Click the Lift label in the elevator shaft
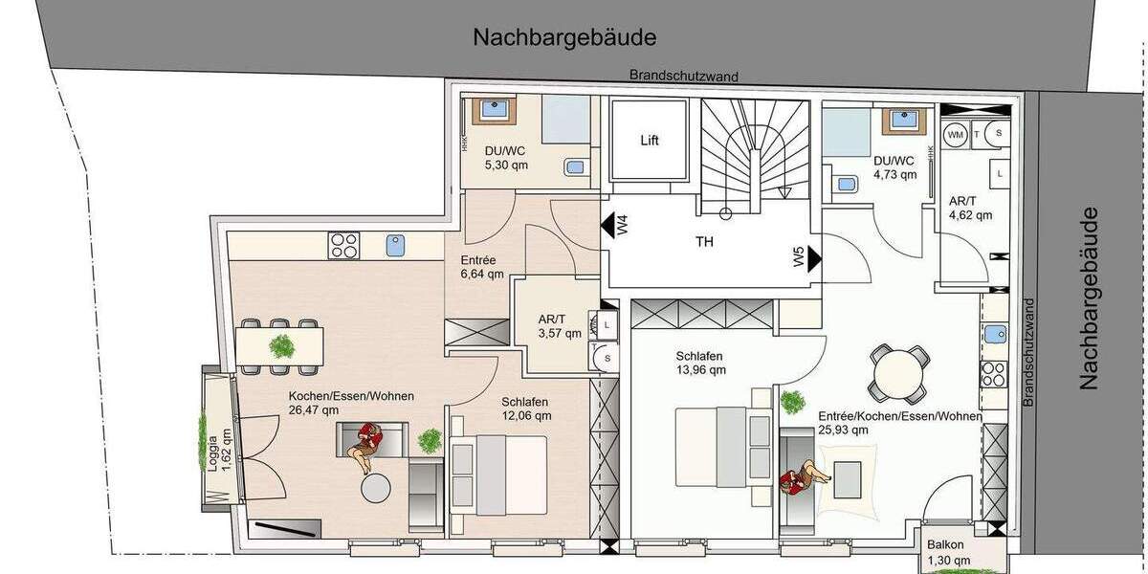pyautogui.click(x=650, y=140)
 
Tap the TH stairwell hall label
pyautogui.click(x=704, y=241)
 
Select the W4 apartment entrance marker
pyautogui.click(x=609, y=227)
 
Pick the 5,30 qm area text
pyautogui.click(x=506, y=165)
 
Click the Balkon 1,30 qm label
pyautogui.click(x=948, y=553)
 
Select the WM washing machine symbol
pyautogui.click(x=955, y=135)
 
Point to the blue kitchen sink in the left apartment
pyautogui.click(x=396, y=246)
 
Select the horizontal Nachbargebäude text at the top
pyautogui.click(x=564, y=38)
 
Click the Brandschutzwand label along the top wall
pyautogui.click(x=683, y=76)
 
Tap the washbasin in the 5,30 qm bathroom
pyautogui.click(x=495, y=110)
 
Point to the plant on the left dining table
pyautogui.click(x=281, y=345)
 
